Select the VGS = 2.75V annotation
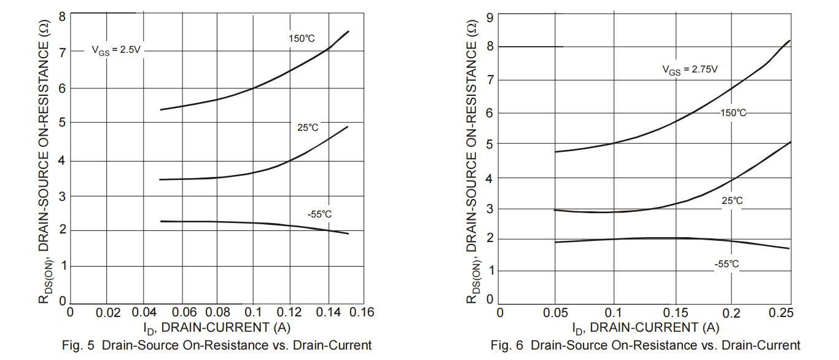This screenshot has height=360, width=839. point(690,70)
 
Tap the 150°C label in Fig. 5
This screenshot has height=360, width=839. point(302,39)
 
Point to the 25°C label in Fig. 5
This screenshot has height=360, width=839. point(308,127)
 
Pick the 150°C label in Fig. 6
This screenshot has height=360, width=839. point(733,113)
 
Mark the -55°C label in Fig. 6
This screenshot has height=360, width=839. point(727,264)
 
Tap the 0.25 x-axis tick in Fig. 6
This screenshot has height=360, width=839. point(781,313)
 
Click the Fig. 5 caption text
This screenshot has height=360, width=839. point(217,345)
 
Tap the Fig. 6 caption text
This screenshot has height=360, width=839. point(646,345)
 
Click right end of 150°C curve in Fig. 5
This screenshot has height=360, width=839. point(349,31)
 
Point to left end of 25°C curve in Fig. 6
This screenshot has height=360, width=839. point(555,210)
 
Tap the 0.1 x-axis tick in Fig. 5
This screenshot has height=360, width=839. point(252,313)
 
